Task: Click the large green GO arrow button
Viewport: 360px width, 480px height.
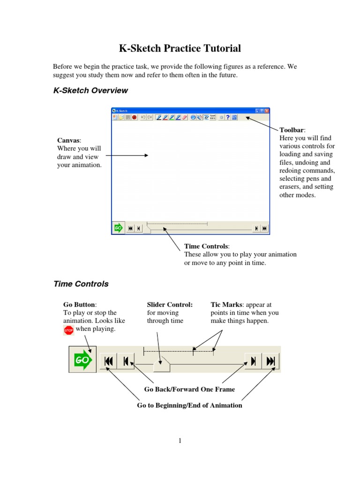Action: point(82,360)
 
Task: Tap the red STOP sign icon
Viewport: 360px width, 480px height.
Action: point(68,330)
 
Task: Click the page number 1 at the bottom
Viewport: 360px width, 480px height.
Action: point(180,441)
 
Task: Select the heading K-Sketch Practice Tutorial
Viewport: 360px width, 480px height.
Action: point(180,48)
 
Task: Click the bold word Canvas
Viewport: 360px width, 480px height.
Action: point(68,141)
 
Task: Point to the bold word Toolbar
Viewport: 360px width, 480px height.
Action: point(292,130)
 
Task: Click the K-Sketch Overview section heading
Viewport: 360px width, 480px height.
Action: point(90,90)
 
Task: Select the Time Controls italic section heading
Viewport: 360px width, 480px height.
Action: point(81,284)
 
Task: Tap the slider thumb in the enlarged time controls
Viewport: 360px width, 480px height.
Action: point(162,364)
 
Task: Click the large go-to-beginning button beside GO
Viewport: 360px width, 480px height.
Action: point(108,361)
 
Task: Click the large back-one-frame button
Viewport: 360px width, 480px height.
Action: point(126,361)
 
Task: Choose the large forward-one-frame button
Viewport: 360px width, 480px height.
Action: point(253,361)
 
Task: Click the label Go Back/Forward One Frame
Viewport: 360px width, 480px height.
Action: point(189,390)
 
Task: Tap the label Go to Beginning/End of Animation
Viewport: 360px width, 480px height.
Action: point(189,405)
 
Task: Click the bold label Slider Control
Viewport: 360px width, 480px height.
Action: point(170,305)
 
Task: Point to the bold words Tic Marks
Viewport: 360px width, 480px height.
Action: point(226,305)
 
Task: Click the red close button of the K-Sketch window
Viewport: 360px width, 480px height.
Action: point(267,111)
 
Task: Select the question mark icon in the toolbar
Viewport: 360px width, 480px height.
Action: point(228,117)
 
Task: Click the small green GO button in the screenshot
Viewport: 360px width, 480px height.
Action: point(118,228)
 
